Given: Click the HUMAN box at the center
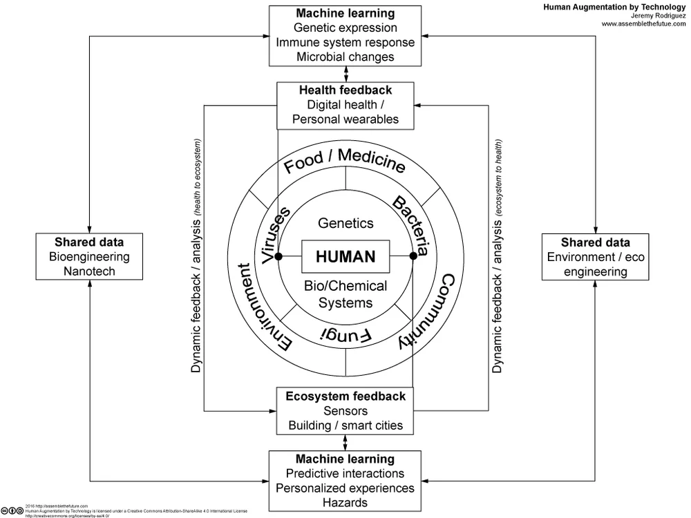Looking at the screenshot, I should [345, 256].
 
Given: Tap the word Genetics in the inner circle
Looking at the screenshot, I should [345, 223].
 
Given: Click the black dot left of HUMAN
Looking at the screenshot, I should [278, 256].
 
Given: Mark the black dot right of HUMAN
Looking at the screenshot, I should [413, 256].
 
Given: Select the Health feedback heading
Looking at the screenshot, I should [345, 90].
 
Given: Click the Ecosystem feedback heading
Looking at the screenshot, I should [345, 396].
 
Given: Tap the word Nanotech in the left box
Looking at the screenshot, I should [90, 271].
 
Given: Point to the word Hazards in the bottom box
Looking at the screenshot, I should [345, 502].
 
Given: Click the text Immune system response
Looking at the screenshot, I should [345, 42].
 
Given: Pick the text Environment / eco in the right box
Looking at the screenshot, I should [595, 257].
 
